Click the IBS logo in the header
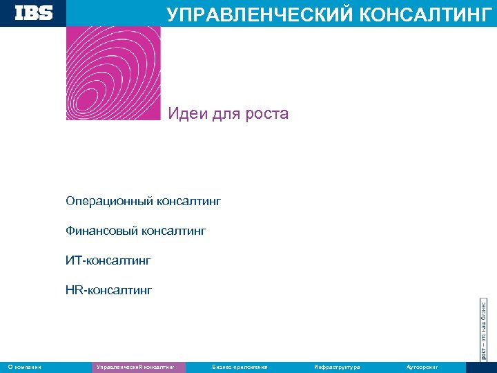[34, 12]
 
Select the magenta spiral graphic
[113, 73]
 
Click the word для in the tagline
[225, 113]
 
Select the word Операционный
[110, 202]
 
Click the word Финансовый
[102, 231]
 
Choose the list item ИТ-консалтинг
[108, 260]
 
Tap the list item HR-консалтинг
[108, 290]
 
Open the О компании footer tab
[24, 367]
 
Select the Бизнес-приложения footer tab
[240, 367]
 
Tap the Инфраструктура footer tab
[337, 367]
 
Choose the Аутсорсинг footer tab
[422, 367]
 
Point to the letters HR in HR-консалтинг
[73, 290]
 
